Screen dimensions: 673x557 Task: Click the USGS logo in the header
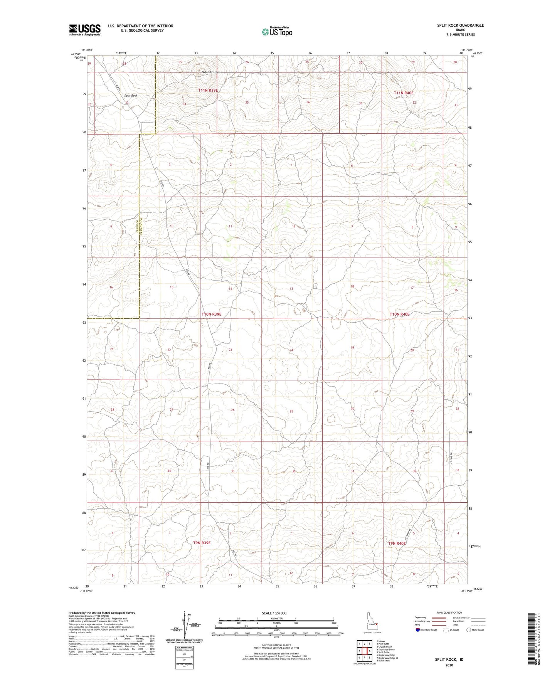pyautogui.click(x=85, y=29)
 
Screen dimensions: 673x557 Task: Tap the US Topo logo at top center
pyautogui.click(x=276, y=32)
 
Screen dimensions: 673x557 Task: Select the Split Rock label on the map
pyautogui.click(x=130, y=96)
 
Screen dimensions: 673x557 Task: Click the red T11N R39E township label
pyautogui.click(x=208, y=90)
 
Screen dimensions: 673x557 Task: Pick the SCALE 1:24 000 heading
pyautogui.click(x=274, y=613)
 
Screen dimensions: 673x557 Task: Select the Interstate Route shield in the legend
pyautogui.click(x=418, y=630)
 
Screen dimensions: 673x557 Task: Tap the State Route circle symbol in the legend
pyautogui.click(x=468, y=630)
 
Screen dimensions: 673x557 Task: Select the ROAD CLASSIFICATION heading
pyautogui.click(x=448, y=612)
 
